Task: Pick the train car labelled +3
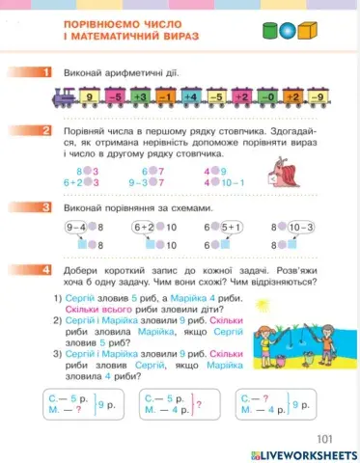[139, 97]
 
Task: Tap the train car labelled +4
[190, 97]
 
